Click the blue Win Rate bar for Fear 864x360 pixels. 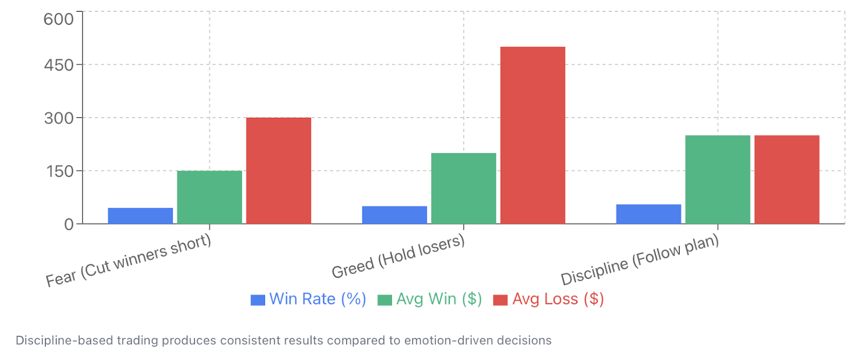(140, 216)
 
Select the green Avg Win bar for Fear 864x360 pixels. (210, 198)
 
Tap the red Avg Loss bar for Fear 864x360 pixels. (279, 171)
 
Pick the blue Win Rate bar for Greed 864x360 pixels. (394, 215)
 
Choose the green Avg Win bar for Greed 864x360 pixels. (463, 188)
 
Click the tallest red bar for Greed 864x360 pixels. (532, 135)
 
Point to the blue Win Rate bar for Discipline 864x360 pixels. (649, 214)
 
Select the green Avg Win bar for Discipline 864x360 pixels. (718, 180)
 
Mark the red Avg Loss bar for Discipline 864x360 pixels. (787, 180)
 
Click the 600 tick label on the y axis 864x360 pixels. (59, 19)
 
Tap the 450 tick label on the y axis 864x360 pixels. (59, 65)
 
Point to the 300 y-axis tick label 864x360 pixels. (59, 118)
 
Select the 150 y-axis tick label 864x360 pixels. (59, 172)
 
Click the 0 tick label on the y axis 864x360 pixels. (69, 225)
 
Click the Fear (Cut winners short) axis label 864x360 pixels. (129, 261)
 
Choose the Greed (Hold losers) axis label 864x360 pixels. (398, 256)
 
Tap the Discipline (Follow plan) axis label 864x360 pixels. (640, 260)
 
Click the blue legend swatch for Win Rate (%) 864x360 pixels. (258, 300)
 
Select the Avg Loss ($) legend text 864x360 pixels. (558, 299)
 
